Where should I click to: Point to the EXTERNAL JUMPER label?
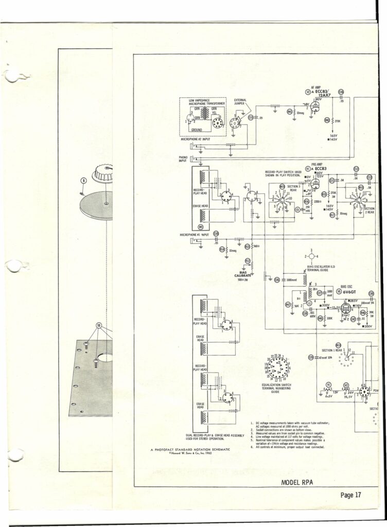pos(242,101)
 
